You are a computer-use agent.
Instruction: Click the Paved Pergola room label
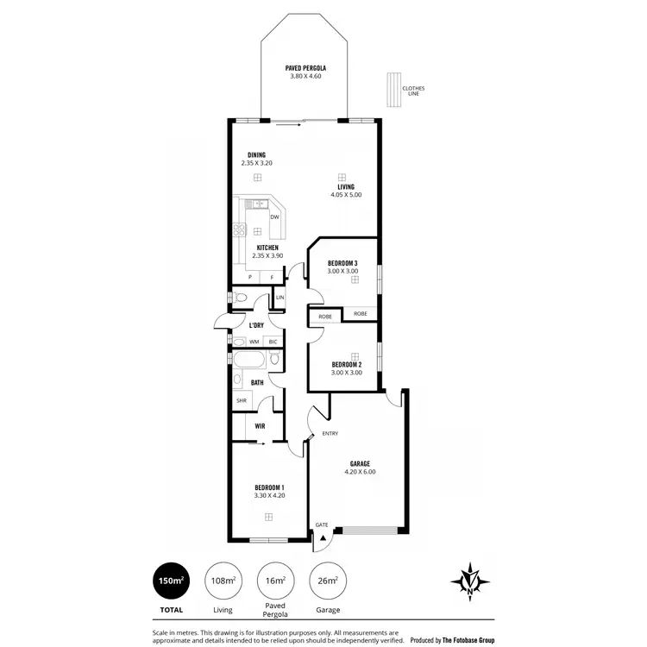pyautogui.click(x=305, y=67)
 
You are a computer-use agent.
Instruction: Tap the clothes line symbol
pyautogui.click(x=393, y=91)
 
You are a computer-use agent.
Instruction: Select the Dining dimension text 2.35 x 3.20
pyautogui.click(x=256, y=162)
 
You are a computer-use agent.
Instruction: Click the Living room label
pyautogui.click(x=346, y=187)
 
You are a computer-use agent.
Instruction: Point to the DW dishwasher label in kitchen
pyautogui.click(x=274, y=217)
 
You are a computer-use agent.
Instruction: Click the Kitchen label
pyautogui.click(x=256, y=248)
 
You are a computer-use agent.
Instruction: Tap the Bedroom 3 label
pyautogui.click(x=342, y=263)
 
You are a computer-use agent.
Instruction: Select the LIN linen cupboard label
pyautogui.click(x=280, y=298)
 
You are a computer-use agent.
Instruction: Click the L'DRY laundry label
pyautogui.click(x=256, y=325)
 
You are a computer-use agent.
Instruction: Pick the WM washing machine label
pyautogui.click(x=254, y=342)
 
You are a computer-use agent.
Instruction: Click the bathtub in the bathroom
pyautogui.click(x=249, y=360)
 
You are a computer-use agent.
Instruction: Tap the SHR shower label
pyautogui.click(x=240, y=401)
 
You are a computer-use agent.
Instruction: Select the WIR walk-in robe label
pyautogui.click(x=260, y=426)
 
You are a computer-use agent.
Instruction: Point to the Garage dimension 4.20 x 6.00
pyautogui.click(x=360, y=472)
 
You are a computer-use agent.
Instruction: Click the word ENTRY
pyautogui.click(x=330, y=434)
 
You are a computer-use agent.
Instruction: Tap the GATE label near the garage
pyautogui.click(x=322, y=525)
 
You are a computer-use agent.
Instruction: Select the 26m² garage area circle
pyautogui.click(x=327, y=581)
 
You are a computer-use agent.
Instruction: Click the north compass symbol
pyautogui.click(x=470, y=581)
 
